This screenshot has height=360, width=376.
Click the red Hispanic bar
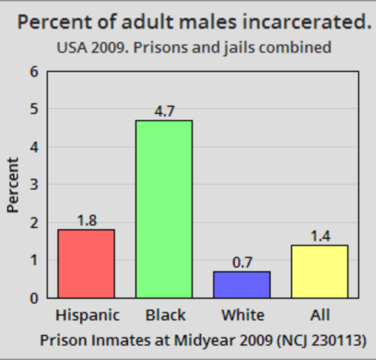coord(86,263)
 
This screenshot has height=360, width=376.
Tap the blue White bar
coord(242,284)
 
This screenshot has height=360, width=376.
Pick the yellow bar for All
coord(320,271)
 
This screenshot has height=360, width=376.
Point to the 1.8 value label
coord(86,221)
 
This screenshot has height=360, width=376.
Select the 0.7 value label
coord(242,262)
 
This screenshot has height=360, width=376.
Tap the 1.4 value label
coord(320,236)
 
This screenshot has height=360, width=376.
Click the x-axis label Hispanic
coord(87,315)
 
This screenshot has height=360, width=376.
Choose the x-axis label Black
coord(165,315)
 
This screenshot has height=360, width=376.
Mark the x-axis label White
coord(242,315)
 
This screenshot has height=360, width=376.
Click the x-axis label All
coord(320,315)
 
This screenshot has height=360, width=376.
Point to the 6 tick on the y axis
coord(33,72)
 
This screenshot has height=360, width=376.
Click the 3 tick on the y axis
coord(33,184)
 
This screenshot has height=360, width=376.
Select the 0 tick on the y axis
coord(33,298)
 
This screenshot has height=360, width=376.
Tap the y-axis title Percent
coord(13,184)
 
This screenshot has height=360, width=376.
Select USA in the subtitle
coord(72,48)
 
